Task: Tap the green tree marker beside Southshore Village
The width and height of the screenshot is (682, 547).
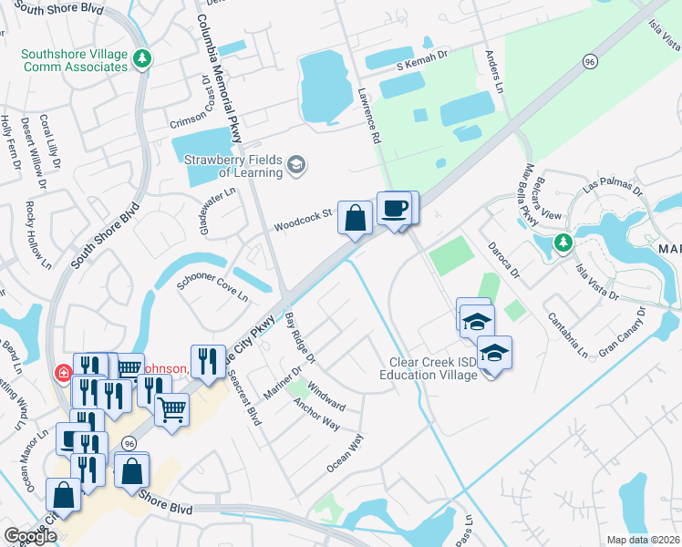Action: pyautogui.click(x=141, y=60)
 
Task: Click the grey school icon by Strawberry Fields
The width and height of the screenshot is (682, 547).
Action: pyautogui.click(x=295, y=165)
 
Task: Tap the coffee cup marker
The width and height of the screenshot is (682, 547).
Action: pyautogui.click(x=394, y=209)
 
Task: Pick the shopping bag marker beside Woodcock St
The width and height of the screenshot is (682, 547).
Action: pyautogui.click(x=355, y=218)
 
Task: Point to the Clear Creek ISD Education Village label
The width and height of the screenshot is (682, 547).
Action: pyautogui.click(x=429, y=368)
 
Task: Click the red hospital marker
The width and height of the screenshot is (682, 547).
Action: pyautogui.click(x=63, y=372)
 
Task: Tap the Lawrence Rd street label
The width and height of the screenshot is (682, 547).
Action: pyautogui.click(x=367, y=117)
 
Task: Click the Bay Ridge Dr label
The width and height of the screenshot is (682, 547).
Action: pyautogui.click(x=299, y=335)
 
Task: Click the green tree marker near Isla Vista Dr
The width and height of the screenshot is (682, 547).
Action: pyautogui.click(x=563, y=243)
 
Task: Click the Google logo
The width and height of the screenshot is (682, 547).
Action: pyautogui.click(x=31, y=536)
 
